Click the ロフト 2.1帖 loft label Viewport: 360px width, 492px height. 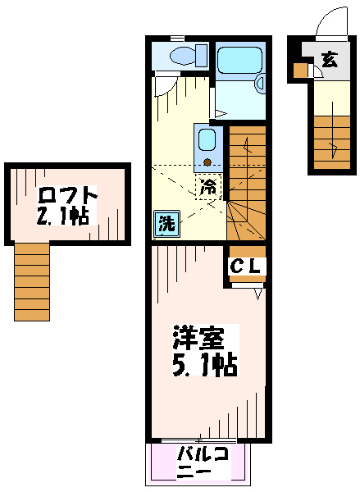[66, 206]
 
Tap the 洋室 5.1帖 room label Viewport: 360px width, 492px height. [205, 350]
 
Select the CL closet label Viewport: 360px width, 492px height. [246, 266]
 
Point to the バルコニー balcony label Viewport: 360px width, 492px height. [203, 462]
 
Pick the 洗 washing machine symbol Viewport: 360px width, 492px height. [166, 224]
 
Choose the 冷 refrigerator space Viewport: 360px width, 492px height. [208, 186]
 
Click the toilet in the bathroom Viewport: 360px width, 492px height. [189, 56]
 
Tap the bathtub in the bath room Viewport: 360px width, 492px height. [239, 61]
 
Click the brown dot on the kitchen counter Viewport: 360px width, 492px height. [207, 162]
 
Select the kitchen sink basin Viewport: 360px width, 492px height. [207, 141]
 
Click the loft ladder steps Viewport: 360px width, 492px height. [32, 282]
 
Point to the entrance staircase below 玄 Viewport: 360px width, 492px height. [332, 143]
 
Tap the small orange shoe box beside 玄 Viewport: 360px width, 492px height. [301, 71]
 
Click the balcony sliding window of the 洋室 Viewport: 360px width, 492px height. [198, 440]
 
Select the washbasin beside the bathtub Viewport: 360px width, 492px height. [260, 84]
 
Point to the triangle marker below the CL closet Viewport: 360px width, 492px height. [258, 294]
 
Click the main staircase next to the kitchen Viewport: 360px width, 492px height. [247, 183]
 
